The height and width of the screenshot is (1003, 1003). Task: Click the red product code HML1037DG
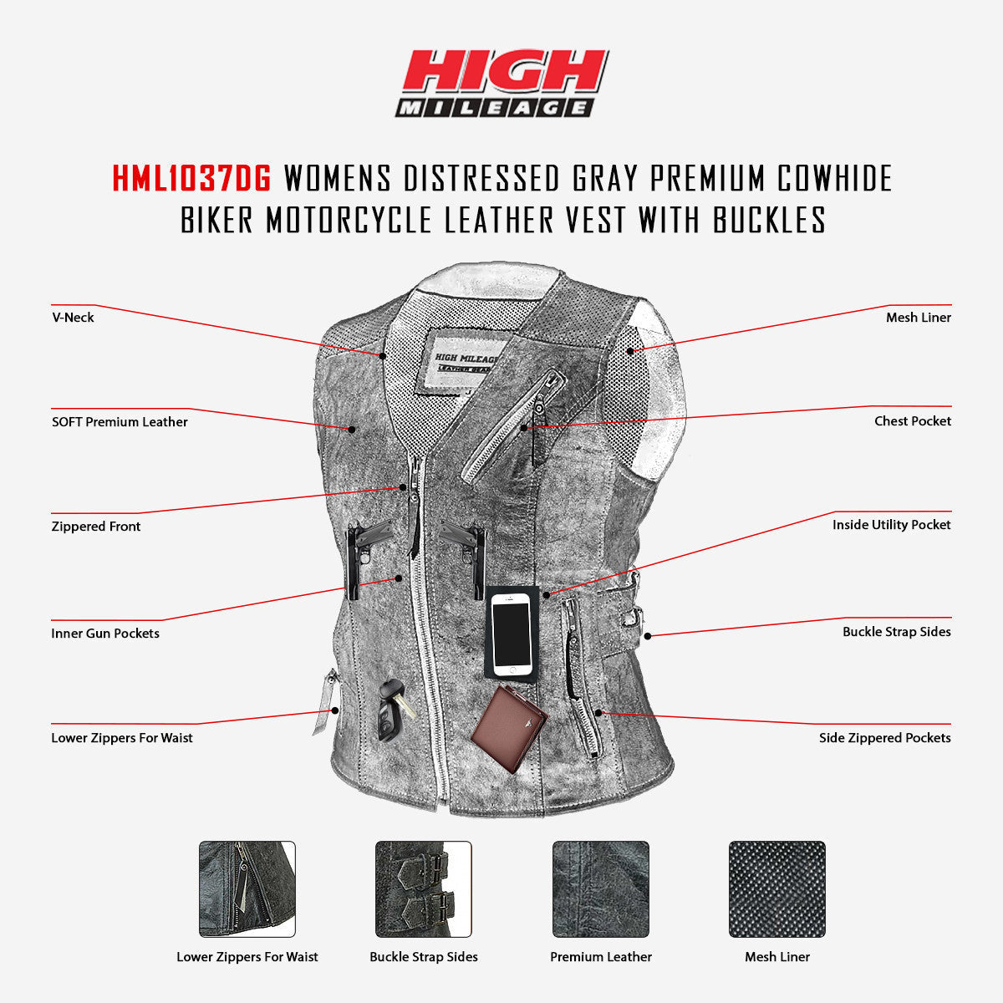(x=191, y=178)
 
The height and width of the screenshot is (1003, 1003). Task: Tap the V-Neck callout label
(x=73, y=318)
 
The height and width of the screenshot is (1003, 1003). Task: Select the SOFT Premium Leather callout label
(x=120, y=422)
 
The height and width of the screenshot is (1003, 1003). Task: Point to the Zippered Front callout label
(x=96, y=527)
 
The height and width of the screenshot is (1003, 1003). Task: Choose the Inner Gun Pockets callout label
(x=105, y=634)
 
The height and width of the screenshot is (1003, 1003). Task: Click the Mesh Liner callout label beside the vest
(x=919, y=318)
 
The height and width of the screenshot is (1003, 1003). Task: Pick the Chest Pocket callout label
(x=913, y=421)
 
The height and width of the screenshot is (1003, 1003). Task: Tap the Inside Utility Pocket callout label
(x=892, y=525)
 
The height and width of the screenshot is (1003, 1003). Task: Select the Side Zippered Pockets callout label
(x=885, y=738)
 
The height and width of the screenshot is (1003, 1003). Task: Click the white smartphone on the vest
(x=511, y=634)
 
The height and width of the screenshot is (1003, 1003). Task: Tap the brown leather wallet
(x=510, y=719)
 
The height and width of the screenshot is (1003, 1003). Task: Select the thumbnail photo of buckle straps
(x=423, y=889)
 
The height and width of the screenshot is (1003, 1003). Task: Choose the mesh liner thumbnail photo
(x=777, y=889)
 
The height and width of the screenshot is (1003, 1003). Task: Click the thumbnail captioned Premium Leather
(x=601, y=889)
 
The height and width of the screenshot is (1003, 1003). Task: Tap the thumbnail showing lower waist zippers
(x=247, y=889)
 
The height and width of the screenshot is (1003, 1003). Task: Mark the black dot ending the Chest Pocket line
(x=524, y=428)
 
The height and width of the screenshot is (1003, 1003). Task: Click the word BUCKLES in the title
(x=769, y=220)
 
